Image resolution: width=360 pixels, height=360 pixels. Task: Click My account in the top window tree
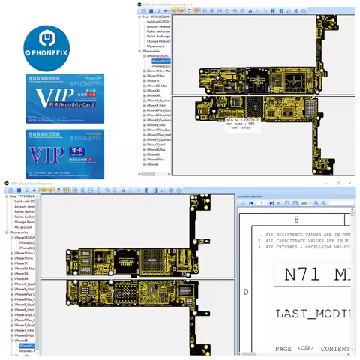click(x=157, y=46)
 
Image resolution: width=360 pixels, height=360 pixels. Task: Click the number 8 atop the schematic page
click(x=295, y=220)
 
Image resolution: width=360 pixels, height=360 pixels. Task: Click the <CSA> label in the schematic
click(x=305, y=348)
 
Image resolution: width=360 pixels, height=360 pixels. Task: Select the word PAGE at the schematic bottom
click(x=283, y=348)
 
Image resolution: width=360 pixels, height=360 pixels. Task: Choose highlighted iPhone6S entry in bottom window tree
click(x=27, y=345)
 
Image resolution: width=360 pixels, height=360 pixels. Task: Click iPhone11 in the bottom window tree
click(x=21, y=263)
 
